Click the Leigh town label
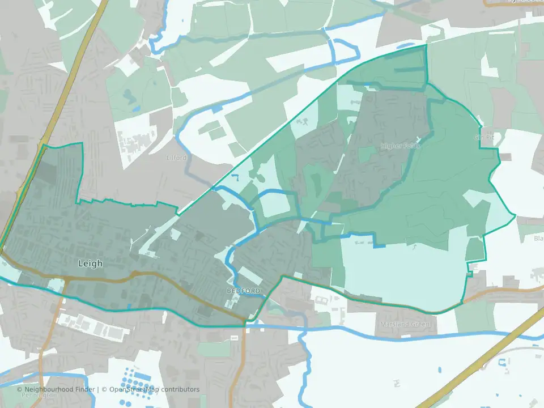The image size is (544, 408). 91,263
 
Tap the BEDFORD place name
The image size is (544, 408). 243,291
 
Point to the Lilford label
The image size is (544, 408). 177,158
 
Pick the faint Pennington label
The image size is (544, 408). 34,396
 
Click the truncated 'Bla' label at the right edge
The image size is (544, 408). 538,239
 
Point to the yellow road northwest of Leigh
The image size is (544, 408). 74,74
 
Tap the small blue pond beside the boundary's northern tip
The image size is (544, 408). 367,85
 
